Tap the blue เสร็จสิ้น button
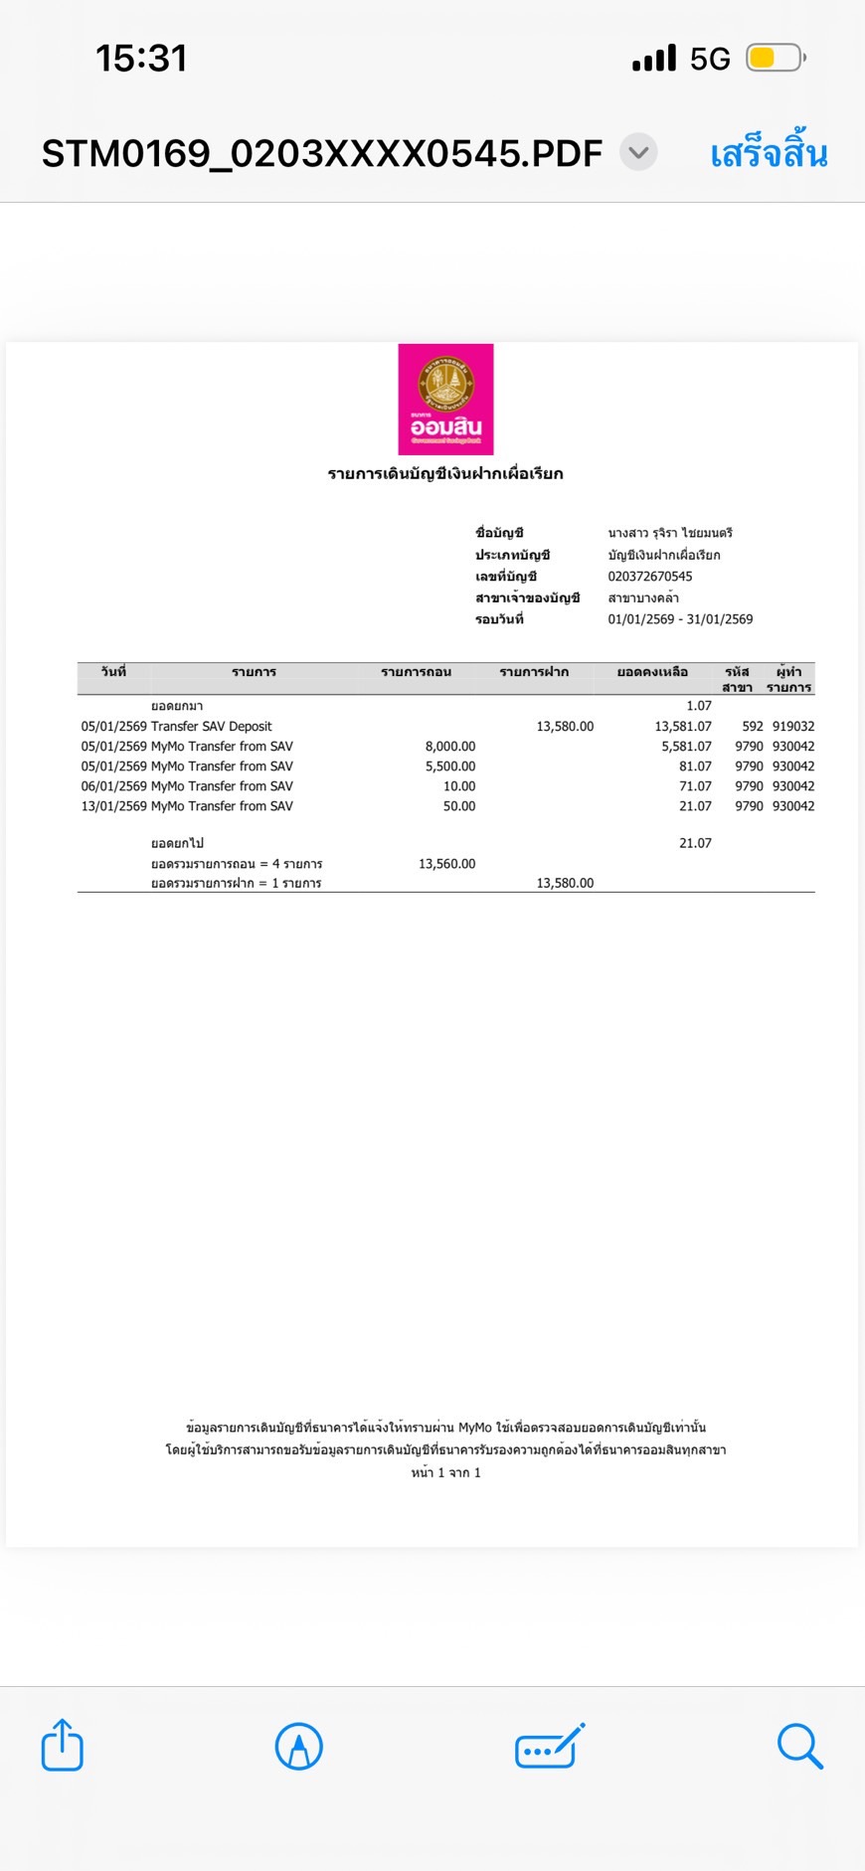pos(769,154)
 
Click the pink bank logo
pos(445,399)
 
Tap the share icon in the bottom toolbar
pos(62,1745)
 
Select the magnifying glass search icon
pos(799,1746)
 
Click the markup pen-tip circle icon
pos(298,1746)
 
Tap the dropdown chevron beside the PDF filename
pos(638,152)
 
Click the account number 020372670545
pos(650,577)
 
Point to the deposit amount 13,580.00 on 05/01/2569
pos(565,727)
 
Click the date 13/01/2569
pos(113,806)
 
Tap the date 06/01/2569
pos(113,786)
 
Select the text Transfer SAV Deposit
pos(211,727)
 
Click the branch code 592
pos(753,727)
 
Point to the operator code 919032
pos(793,727)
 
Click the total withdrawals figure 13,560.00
pos(446,864)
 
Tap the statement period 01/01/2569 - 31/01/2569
pos(680,619)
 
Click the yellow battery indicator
pos(774,59)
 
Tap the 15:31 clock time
pos(141,59)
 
